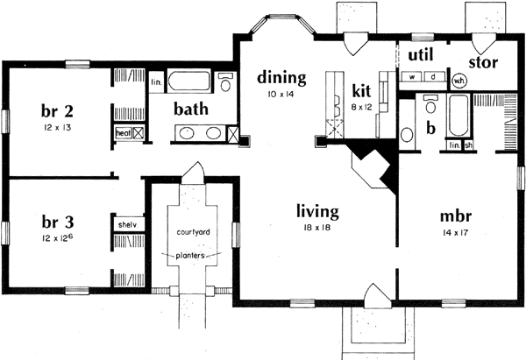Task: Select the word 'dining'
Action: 281,78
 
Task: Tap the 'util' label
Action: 423,54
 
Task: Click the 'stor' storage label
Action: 484,62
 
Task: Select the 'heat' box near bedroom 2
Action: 122,133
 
